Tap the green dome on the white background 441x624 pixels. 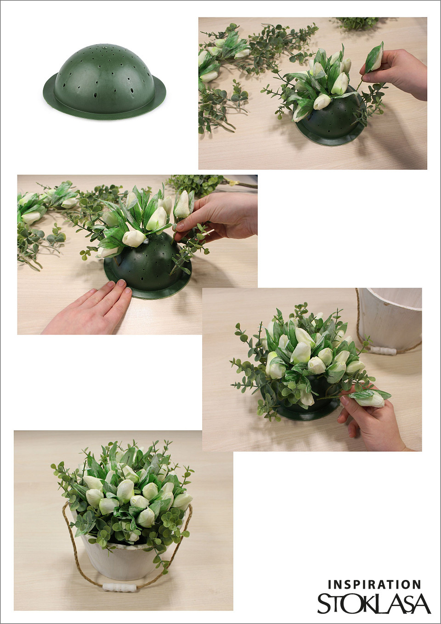(x=104, y=81)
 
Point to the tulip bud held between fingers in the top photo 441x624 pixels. (x=375, y=57)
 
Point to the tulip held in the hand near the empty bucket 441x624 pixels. (x=370, y=398)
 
